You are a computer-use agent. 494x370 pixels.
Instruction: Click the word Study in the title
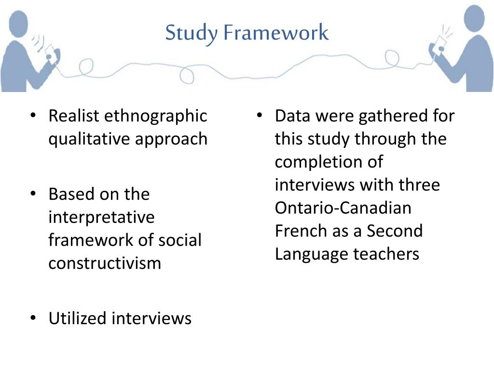click(x=191, y=33)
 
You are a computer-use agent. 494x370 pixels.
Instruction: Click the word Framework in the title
click(x=275, y=33)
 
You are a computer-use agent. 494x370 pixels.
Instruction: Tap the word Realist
click(x=74, y=116)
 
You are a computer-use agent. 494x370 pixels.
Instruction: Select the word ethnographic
click(x=155, y=116)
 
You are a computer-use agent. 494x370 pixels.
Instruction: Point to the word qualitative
click(x=89, y=139)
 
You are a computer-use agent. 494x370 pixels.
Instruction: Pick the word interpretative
click(x=101, y=217)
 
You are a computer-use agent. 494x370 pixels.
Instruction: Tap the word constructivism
click(x=105, y=263)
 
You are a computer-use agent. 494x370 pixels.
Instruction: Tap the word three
click(x=419, y=185)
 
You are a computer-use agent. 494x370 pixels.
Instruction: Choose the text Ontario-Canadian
click(x=343, y=208)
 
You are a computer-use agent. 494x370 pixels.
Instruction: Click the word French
click(x=301, y=231)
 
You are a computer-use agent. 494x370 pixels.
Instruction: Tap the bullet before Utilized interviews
click(x=33, y=318)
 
